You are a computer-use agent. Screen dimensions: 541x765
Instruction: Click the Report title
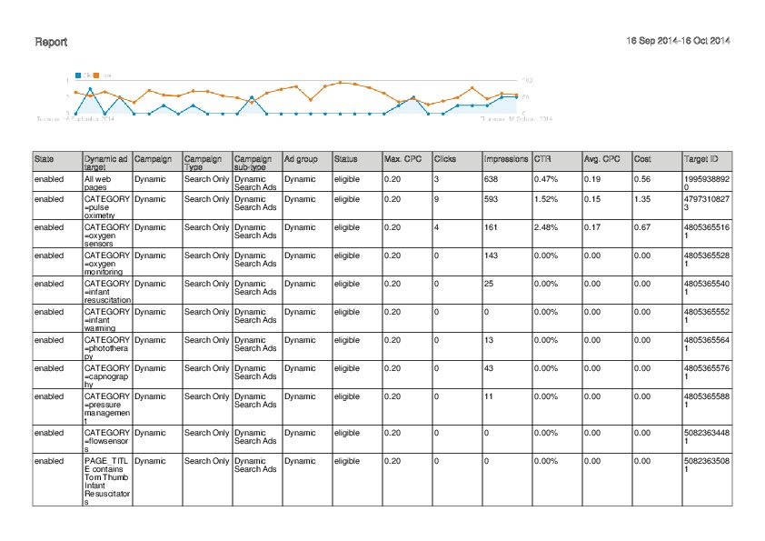pyautogui.click(x=50, y=42)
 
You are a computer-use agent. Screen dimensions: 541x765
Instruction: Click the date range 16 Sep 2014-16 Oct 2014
pyautogui.click(x=679, y=41)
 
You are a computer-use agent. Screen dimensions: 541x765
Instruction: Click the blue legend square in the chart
pyautogui.click(x=79, y=75)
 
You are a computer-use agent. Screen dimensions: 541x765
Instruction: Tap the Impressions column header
pyautogui.click(x=506, y=159)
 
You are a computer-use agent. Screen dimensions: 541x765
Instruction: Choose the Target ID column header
pyautogui.click(x=700, y=159)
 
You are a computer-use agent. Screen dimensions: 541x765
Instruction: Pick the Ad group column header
pyautogui.click(x=301, y=159)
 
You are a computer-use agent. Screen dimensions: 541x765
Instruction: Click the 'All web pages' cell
pyautogui.click(x=97, y=183)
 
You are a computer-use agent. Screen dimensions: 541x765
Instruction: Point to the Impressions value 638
pyautogui.click(x=492, y=179)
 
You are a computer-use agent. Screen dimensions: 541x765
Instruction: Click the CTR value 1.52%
pyautogui.click(x=545, y=198)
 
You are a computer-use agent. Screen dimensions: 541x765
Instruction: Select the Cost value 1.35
pyautogui.click(x=641, y=198)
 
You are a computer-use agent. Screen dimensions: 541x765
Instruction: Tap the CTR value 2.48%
pyautogui.click(x=545, y=227)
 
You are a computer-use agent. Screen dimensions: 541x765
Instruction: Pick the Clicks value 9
pyautogui.click(x=437, y=198)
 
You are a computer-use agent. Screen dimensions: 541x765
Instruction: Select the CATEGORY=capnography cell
pyautogui.click(x=106, y=377)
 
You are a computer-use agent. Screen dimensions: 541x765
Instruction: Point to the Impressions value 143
pyautogui.click(x=492, y=255)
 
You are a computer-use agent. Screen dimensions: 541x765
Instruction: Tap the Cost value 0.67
pyautogui.click(x=641, y=227)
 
